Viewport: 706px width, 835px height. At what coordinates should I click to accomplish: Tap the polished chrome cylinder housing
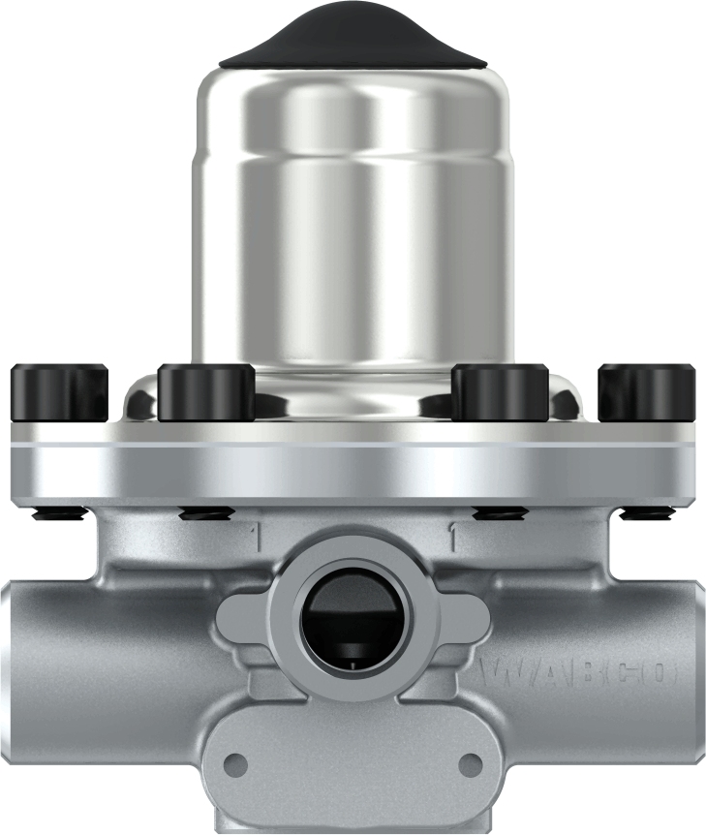point(354,223)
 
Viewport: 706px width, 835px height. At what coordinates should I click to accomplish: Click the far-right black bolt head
point(646,393)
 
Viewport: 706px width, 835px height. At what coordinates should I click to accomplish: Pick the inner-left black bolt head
point(206,393)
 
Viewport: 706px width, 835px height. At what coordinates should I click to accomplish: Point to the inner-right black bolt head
point(501,393)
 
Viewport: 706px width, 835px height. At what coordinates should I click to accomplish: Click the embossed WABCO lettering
point(576,671)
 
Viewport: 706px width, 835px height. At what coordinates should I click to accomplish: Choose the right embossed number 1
point(452,533)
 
